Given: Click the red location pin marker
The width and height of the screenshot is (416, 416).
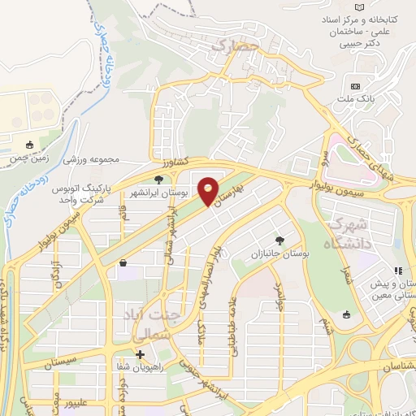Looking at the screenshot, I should coord(209,191).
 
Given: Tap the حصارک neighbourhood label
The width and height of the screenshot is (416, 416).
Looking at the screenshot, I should coord(233,47).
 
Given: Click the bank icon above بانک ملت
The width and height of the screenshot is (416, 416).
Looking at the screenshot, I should coord(355,86).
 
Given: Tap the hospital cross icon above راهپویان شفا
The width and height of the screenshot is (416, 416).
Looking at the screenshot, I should coord(141,355).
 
